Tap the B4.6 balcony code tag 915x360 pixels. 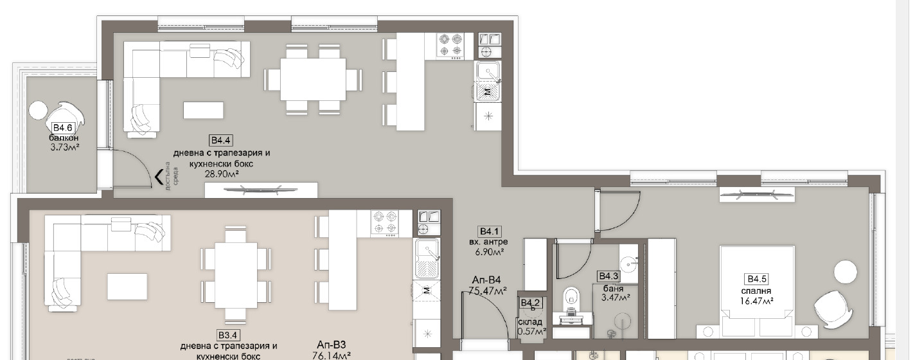point(62,128)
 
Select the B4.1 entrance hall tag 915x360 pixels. point(489,231)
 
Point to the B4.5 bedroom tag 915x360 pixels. point(756,278)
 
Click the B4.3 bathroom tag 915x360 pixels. point(607,276)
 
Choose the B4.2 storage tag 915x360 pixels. point(530,302)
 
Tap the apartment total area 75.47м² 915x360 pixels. point(488,291)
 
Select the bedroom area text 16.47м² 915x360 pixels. point(756,300)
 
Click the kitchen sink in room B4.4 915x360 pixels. point(488,73)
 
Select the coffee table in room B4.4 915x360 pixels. point(203,110)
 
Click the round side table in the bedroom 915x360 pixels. point(845,271)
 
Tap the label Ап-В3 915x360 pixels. point(332,343)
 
